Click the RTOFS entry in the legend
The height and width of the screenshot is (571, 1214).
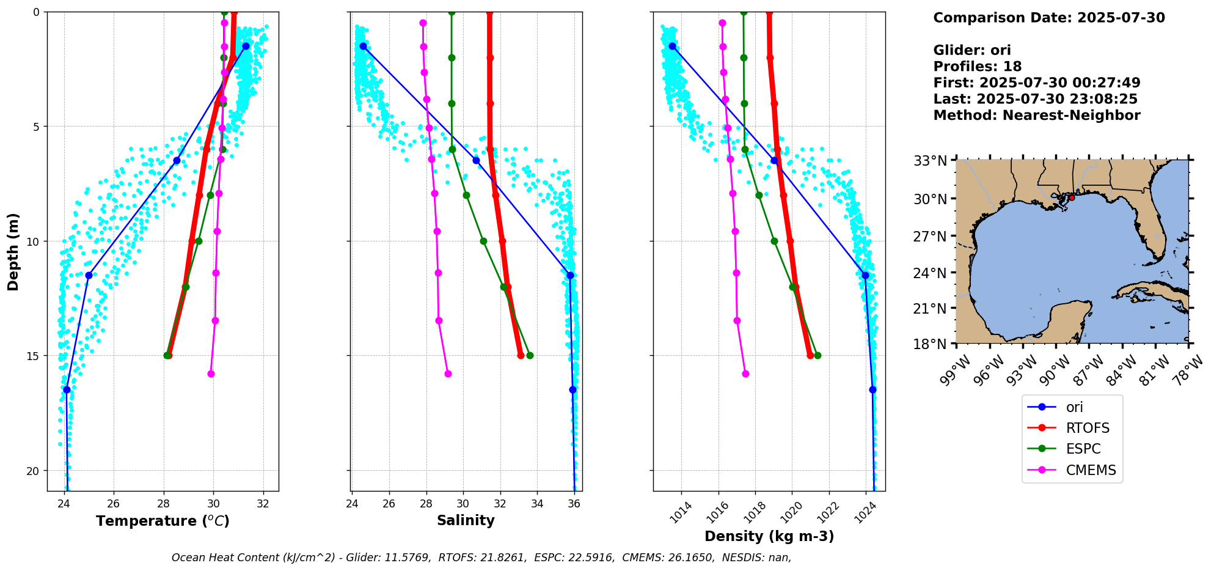(x=1087, y=428)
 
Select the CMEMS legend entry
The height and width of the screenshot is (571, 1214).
(x=1091, y=470)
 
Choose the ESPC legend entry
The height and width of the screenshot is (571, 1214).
(x=1083, y=449)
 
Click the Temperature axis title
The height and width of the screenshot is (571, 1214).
(x=163, y=521)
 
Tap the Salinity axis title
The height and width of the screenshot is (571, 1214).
(x=466, y=520)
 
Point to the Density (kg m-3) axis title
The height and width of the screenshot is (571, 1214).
(x=769, y=536)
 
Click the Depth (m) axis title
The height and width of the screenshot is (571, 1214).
(x=13, y=252)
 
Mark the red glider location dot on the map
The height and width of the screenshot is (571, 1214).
(x=1072, y=197)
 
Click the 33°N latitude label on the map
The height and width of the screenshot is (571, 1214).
(x=930, y=161)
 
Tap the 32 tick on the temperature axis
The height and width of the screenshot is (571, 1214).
(x=263, y=504)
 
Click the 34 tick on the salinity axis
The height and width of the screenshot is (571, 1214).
(x=537, y=504)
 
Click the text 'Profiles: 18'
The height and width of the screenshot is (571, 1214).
(x=977, y=67)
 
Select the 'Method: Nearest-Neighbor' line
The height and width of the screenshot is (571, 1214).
(x=1036, y=116)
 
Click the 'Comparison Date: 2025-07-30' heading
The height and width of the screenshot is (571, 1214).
(x=1048, y=18)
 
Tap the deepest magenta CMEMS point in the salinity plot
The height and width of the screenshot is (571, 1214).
(x=448, y=374)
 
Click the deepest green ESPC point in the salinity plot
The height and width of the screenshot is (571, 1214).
(x=530, y=355)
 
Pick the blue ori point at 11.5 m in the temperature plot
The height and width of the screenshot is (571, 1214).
(x=89, y=275)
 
